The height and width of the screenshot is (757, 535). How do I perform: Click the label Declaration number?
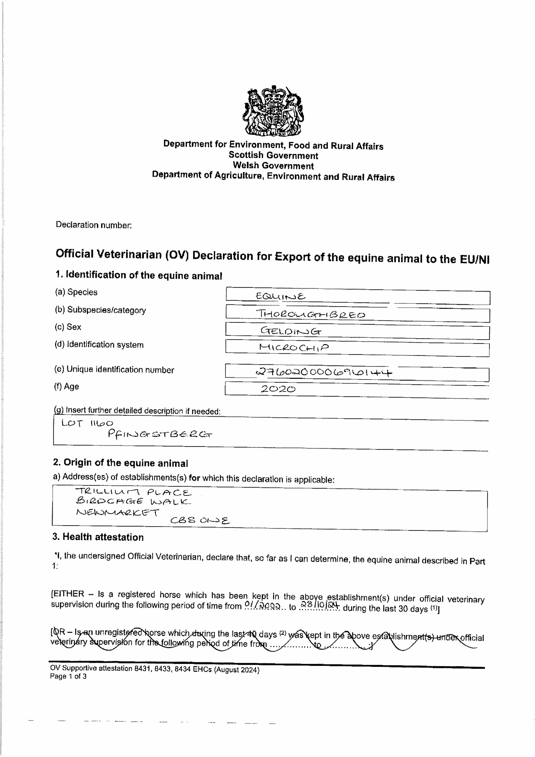click(94, 225)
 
